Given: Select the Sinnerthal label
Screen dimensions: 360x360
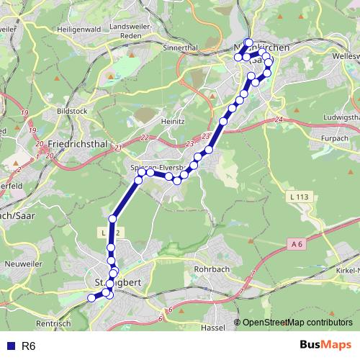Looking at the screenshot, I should point(181,48).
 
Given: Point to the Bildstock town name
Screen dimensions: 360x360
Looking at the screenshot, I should point(72,113).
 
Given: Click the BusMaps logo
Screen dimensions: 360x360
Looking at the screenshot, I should point(325,346).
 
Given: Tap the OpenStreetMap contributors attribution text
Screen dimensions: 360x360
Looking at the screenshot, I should point(297,322).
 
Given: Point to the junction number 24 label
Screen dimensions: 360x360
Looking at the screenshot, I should point(279,120).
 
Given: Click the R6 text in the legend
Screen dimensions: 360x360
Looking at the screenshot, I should point(29,346).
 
